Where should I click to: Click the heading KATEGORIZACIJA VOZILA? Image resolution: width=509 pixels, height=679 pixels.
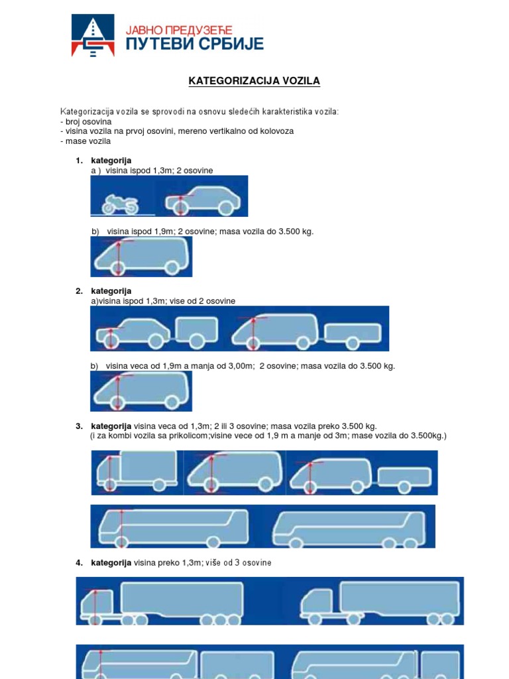point(254,81)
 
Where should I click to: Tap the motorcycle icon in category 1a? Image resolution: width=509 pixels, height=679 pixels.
point(122,203)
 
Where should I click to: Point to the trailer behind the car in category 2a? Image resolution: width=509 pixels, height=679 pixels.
point(197,329)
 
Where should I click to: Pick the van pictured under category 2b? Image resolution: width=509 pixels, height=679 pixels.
point(142,391)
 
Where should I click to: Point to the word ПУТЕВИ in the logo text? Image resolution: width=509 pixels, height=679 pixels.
point(159,44)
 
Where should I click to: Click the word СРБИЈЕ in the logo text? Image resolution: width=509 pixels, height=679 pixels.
point(230,44)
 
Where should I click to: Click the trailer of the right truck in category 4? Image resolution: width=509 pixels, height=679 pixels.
point(400,598)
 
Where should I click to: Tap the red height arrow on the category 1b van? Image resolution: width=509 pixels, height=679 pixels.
point(118,257)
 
